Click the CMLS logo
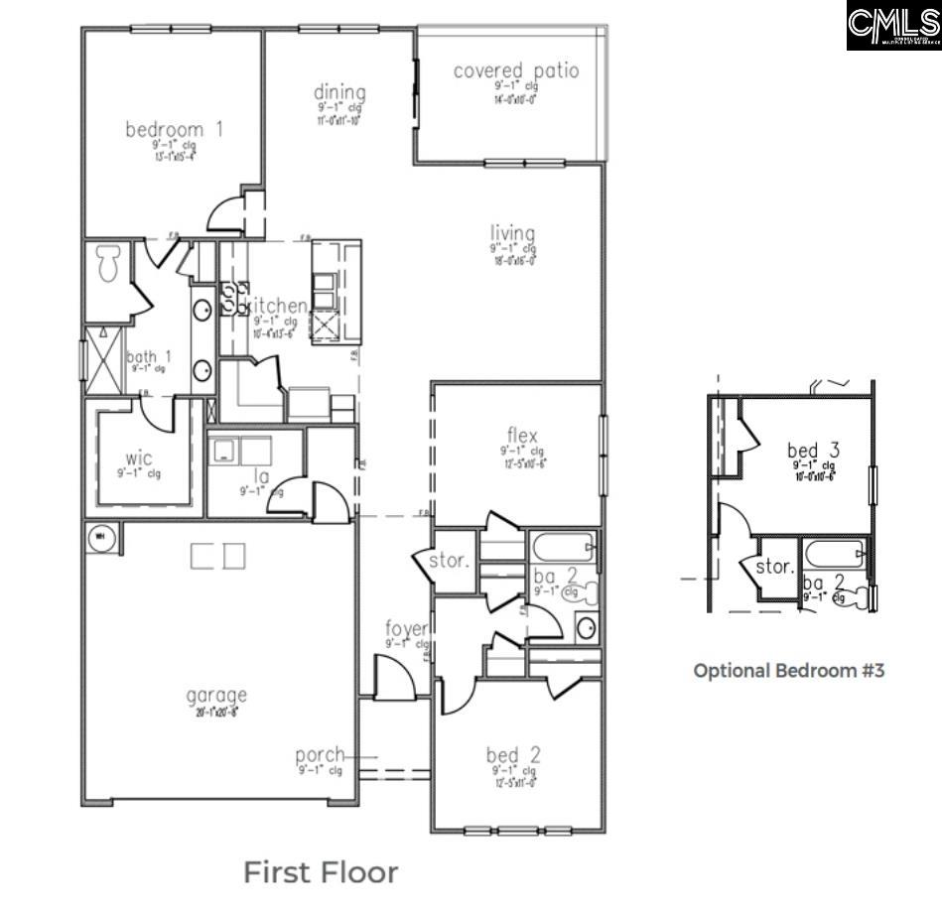tap(893, 26)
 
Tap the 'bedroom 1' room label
tap(174, 129)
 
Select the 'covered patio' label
tap(515, 71)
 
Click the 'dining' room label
tap(340, 93)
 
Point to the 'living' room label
tap(512, 234)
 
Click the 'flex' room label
tap(522, 436)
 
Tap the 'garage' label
tap(215, 695)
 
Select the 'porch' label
tap(320, 754)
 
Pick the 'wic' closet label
tap(139, 458)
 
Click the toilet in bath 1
tap(107, 264)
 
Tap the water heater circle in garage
tap(100, 537)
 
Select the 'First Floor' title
tap(321, 872)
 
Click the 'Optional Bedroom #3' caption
tap(788, 670)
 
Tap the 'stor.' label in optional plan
tap(774, 568)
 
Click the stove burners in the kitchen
tap(234, 298)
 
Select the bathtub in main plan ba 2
tap(563, 547)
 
